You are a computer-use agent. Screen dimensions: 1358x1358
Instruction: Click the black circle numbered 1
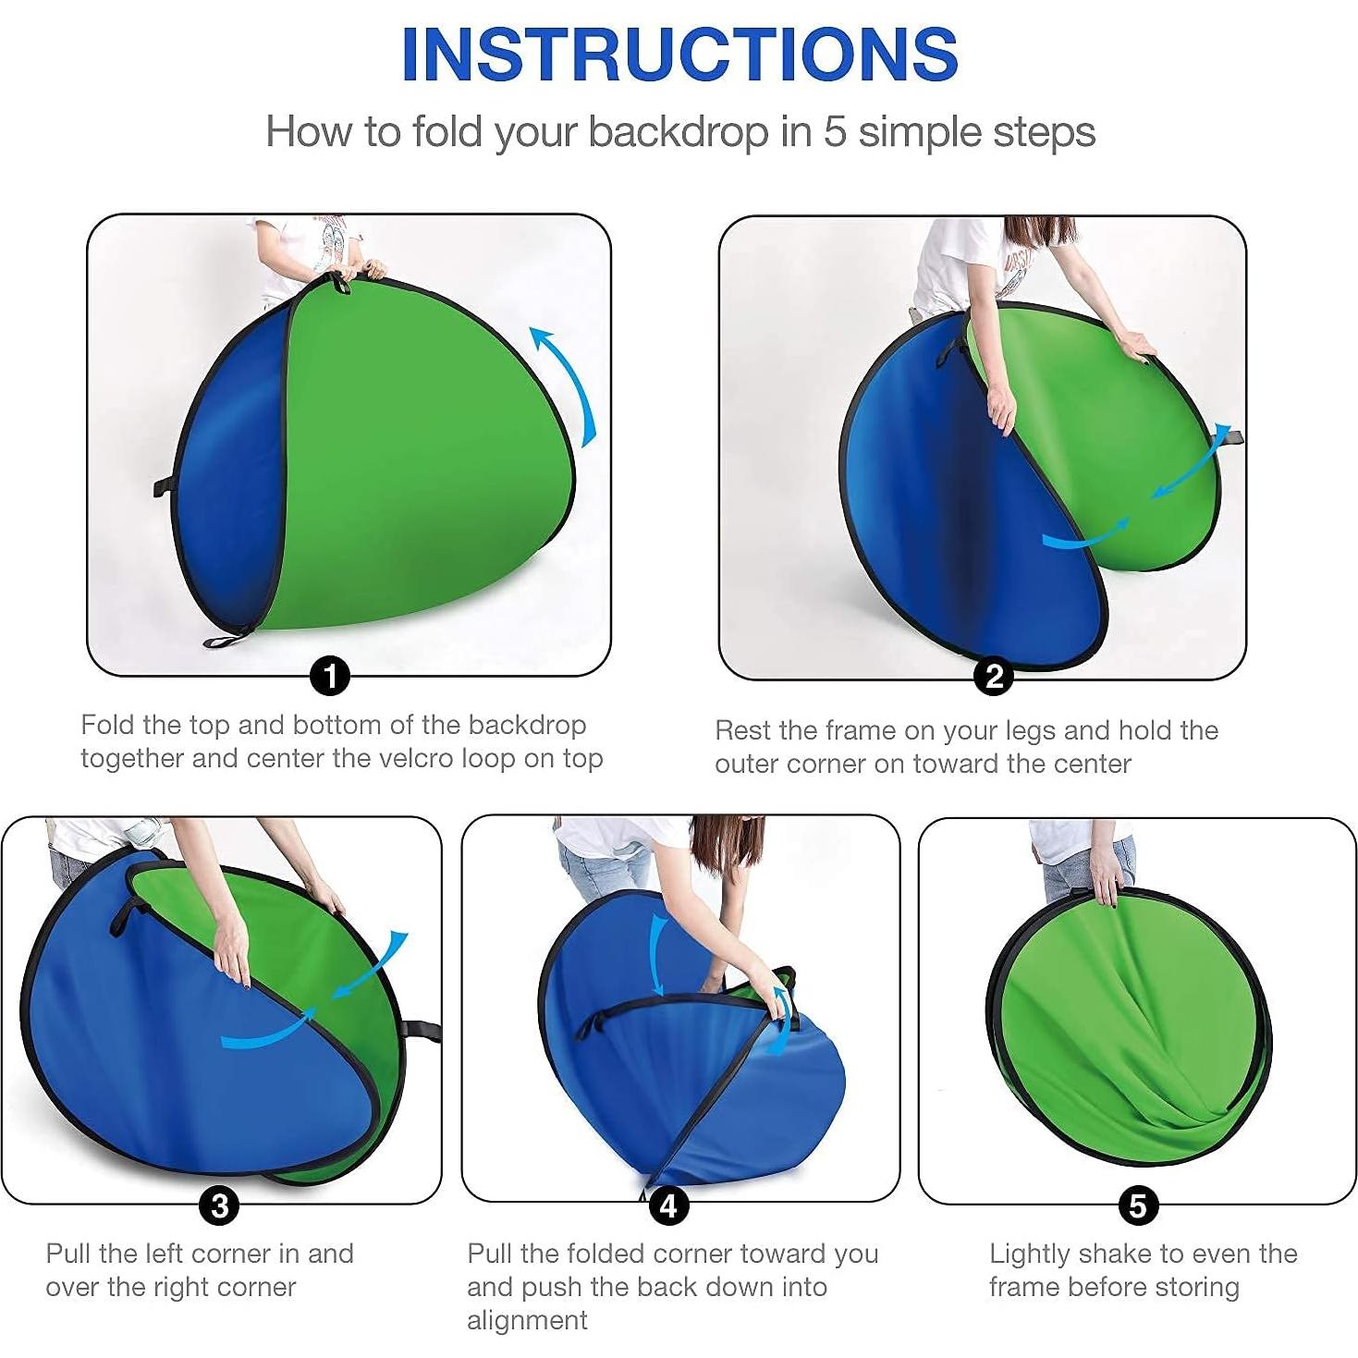point(330,678)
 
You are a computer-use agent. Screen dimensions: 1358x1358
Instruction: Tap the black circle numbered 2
point(994,678)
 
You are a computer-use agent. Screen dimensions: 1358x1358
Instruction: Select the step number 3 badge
point(220,1205)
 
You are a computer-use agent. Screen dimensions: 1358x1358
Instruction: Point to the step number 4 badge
point(668,1205)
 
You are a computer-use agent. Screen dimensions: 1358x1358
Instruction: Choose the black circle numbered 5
point(1138,1205)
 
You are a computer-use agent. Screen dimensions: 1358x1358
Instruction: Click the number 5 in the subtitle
point(835,132)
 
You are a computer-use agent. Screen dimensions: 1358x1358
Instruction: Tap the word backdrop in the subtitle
point(678,132)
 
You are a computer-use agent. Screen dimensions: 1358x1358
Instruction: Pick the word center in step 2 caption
point(1098,765)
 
